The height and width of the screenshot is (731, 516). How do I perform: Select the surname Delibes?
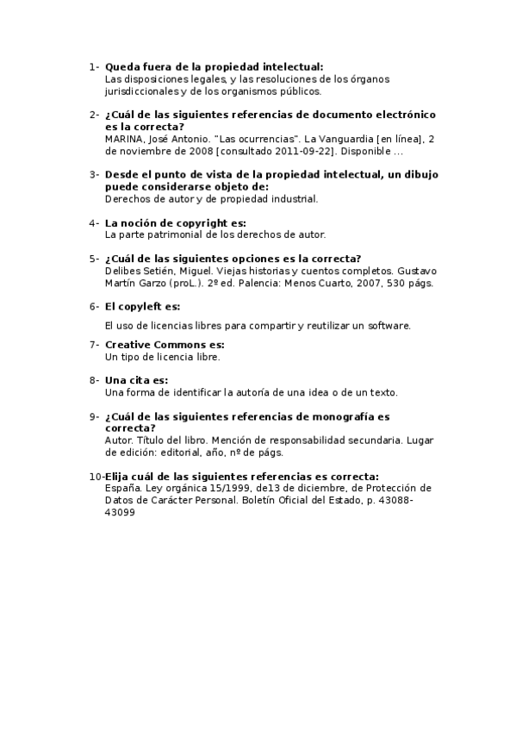[x=122, y=270]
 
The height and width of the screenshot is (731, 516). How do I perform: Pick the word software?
[x=388, y=326]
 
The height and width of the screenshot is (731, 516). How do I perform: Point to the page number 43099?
[x=120, y=512]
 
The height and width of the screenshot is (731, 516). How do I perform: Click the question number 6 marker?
[x=93, y=306]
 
